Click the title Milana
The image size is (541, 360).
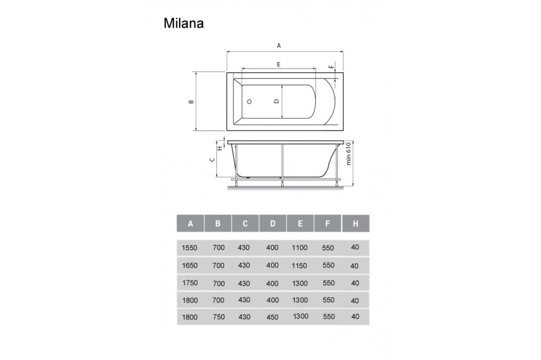click(183, 24)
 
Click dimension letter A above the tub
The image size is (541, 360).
click(279, 46)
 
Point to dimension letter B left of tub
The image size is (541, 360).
click(190, 101)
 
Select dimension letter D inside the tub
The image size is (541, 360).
click(276, 101)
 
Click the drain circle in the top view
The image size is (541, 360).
click(249, 101)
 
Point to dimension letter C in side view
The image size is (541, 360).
click(213, 159)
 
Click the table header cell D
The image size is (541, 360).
click(273, 223)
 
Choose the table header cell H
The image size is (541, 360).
click(355, 223)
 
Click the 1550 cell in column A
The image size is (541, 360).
click(190, 248)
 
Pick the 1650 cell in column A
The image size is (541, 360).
click(190, 265)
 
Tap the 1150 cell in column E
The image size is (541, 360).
click(299, 265)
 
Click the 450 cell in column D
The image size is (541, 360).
click(272, 317)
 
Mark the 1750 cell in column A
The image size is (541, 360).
click(190, 283)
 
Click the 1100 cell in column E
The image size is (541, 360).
click(299, 248)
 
